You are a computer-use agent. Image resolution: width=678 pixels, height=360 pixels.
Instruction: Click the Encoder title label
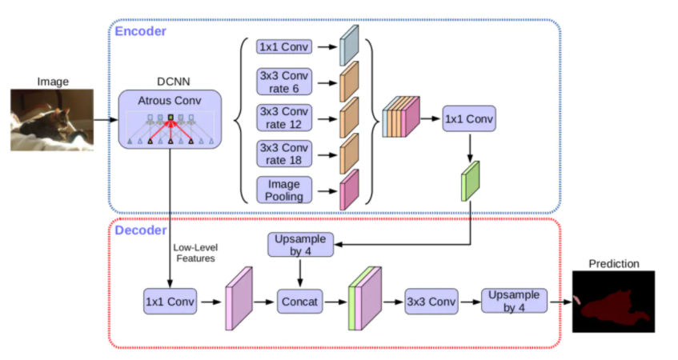tap(140, 31)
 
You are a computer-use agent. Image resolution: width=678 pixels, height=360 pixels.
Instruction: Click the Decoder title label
tap(141, 230)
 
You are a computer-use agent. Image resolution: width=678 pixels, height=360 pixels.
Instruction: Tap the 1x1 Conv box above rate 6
tap(285, 47)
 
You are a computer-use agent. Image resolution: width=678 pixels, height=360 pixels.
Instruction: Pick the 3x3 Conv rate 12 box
tap(285, 118)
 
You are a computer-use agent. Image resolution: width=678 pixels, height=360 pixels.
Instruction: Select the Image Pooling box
tap(285, 190)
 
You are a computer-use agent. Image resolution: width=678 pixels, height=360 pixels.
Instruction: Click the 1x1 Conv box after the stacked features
tap(469, 119)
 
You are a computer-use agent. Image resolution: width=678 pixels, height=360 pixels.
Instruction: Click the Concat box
tap(300, 302)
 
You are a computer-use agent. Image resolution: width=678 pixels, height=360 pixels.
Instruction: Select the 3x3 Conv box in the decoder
tap(430, 302)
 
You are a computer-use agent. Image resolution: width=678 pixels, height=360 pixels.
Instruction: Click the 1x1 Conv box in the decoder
tap(171, 302)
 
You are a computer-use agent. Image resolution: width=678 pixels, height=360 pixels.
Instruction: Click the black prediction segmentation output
tap(614, 301)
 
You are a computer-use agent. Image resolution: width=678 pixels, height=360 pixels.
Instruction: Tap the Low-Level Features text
tap(195, 254)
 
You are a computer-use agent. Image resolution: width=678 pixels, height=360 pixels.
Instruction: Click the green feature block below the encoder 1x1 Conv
tap(469, 181)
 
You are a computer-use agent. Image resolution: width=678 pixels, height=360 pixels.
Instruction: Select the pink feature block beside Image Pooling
tap(350, 190)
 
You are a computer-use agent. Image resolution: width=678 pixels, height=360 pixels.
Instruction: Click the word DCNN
tap(169, 82)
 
